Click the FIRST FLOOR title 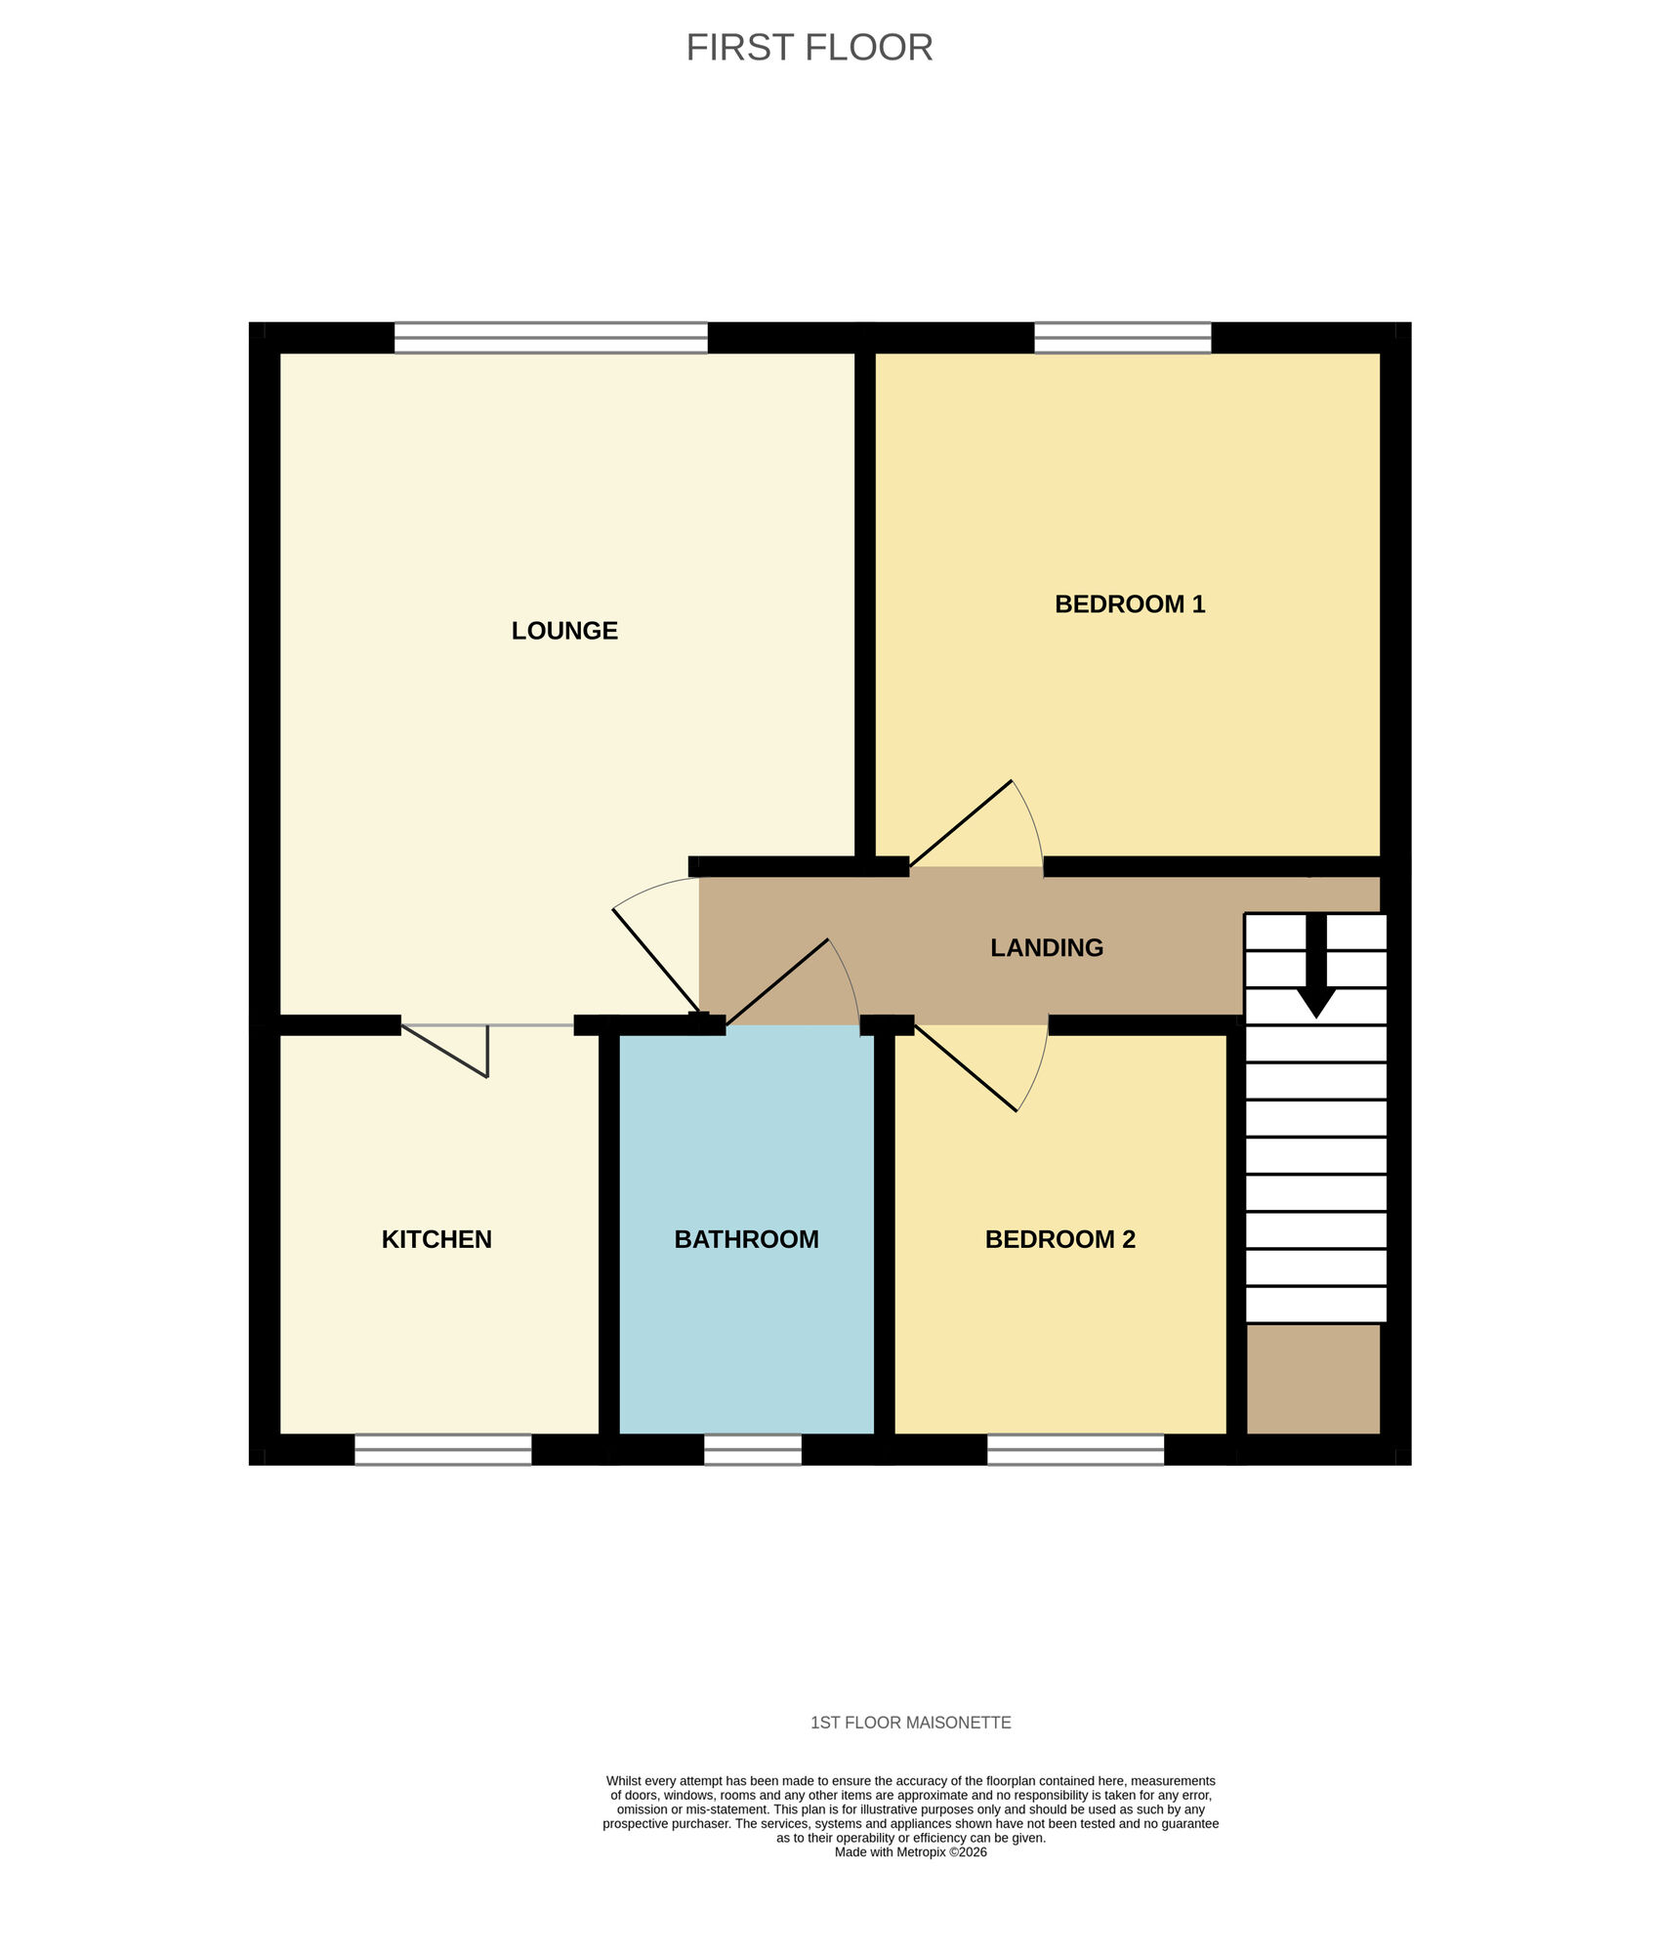pyautogui.click(x=809, y=48)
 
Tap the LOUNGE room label pyautogui.click(x=564, y=631)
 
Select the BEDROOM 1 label pyautogui.click(x=1130, y=604)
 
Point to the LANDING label pyautogui.click(x=1047, y=948)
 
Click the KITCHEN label pyautogui.click(x=436, y=1239)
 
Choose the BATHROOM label pyautogui.click(x=746, y=1239)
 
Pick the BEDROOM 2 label pyautogui.click(x=1059, y=1239)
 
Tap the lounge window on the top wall pyautogui.click(x=551, y=338)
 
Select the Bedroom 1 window pyautogui.click(x=1122, y=338)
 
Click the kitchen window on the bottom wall pyautogui.click(x=442, y=1449)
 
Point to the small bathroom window pyautogui.click(x=752, y=1449)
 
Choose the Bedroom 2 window pyautogui.click(x=1075, y=1449)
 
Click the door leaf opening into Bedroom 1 pyautogui.click(x=961, y=824)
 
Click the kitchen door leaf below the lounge pyautogui.click(x=445, y=1051)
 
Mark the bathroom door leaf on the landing pyautogui.click(x=777, y=982)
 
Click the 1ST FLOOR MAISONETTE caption pyautogui.click(x=910, y=1723)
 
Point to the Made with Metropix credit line pyautogui.click(x=910, y=1852)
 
